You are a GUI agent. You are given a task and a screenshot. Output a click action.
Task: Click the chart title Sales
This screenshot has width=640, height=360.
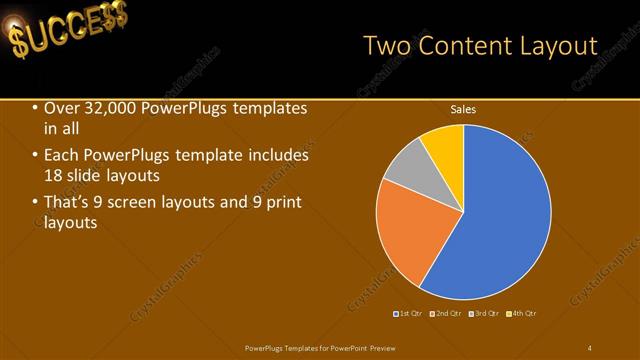[462, 109]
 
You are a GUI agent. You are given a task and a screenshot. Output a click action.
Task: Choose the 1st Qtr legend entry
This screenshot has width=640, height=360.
[406, 314]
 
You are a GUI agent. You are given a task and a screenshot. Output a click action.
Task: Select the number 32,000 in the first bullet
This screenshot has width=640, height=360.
[107, 108]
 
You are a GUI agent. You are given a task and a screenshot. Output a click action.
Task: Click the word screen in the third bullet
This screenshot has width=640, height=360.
[149, 203]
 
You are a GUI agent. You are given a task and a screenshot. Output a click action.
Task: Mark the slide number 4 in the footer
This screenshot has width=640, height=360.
[590, 347]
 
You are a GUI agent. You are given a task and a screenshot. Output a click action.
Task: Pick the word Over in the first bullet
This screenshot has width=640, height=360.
[59, 108]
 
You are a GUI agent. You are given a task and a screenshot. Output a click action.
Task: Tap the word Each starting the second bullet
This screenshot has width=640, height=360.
[61, 156]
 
